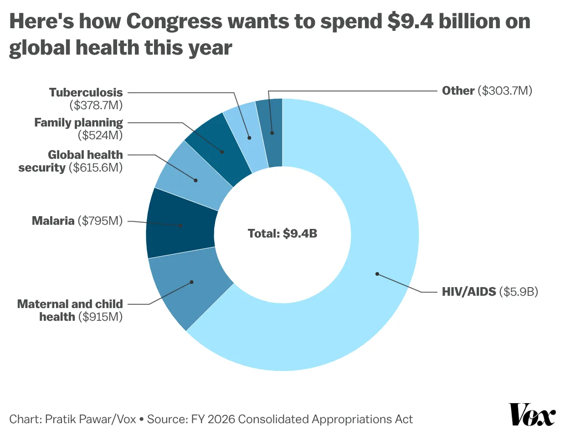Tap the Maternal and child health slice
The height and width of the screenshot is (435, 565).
191,284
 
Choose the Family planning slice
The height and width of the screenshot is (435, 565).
221,148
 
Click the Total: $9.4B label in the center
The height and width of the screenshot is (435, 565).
282,233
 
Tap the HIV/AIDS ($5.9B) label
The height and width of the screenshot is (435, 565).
490,292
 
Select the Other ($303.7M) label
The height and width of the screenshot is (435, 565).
487,91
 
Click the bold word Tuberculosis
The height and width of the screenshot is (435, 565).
86,92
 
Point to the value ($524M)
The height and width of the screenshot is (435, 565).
100,135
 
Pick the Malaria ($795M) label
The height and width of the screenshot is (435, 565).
77,221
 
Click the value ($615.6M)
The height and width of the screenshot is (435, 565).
96,167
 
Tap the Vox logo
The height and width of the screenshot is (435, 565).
532,414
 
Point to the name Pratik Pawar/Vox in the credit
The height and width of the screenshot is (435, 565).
91,419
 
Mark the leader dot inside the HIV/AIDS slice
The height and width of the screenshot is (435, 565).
377,274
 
